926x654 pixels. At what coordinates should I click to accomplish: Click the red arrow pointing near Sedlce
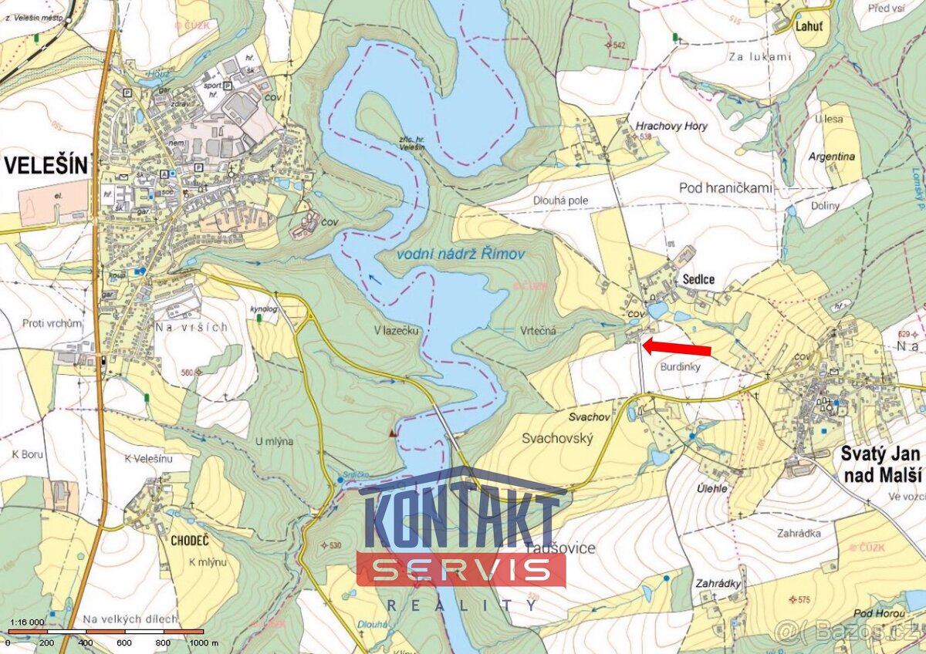click(676, 348)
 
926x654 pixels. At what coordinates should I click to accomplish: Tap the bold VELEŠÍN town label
click(47, 164)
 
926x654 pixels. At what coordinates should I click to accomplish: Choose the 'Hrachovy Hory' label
click(671, 126)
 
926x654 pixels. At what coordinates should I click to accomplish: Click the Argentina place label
click(832, 156)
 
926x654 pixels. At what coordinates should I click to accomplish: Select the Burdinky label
click(680, 368)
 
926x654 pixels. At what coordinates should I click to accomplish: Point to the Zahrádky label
click(718, 583)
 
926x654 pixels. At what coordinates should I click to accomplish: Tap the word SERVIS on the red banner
click(461, 570)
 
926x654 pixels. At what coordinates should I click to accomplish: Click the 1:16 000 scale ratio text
click(26, 622)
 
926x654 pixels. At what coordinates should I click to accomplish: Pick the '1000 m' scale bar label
click(204, 642)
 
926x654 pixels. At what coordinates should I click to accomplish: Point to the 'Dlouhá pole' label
click(561, 201)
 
